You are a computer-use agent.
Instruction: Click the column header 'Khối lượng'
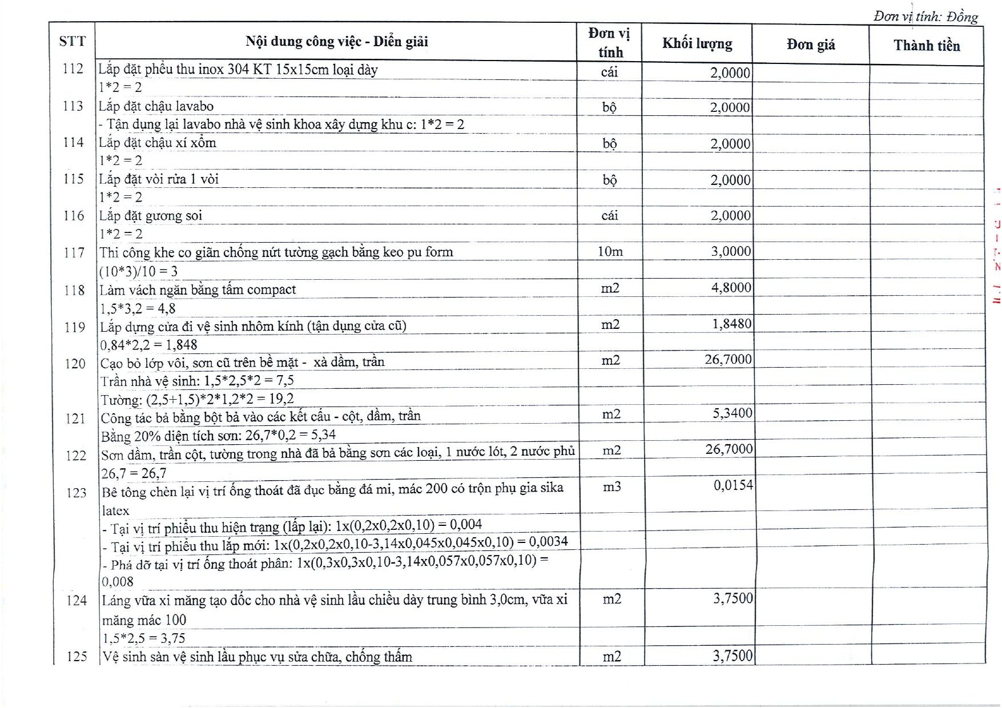click(697, 43)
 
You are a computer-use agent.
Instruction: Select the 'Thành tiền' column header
click(926, 46)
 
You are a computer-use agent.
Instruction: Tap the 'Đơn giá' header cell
click(810, 45)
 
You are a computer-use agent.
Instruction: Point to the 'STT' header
click(72, 41)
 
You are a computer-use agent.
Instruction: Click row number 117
click(74, 252)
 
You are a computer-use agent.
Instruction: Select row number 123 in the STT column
click(76, 493)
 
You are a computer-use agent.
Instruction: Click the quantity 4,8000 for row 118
click(731, 287)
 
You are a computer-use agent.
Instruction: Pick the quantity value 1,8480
click(731, 324)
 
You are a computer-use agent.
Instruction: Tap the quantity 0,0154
click(733, 485)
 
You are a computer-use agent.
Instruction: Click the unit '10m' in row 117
click(610, 251)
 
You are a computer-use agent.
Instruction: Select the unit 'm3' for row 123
click(611, 486)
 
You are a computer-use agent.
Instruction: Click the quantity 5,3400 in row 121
click(732, 413)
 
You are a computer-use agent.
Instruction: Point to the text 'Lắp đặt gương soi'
click(151, 216)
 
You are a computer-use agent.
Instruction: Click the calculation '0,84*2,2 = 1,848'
click(148, 345)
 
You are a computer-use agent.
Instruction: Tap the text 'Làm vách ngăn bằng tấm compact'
click(198, 289)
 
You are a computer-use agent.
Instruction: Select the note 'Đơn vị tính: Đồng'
click(925, 17)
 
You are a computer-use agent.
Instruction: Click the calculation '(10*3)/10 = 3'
click(138, 271)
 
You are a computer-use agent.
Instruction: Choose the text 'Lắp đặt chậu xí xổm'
click(158, 143)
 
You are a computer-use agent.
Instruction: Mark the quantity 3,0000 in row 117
click(731, 251)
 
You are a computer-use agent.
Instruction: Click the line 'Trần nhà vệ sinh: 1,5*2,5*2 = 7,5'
click(197, 381)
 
